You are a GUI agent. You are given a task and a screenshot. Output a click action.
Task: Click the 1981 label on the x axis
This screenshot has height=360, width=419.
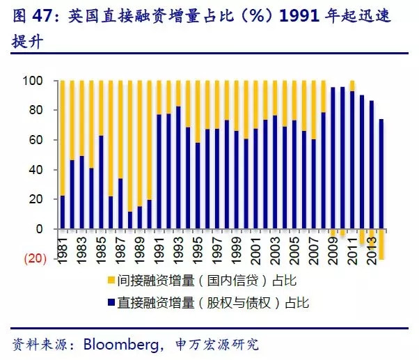coord(63,249)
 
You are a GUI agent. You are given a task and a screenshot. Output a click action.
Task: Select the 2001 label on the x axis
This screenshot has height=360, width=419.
coord(256,249)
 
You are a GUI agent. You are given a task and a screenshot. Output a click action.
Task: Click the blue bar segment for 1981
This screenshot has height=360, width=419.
coord(63,212)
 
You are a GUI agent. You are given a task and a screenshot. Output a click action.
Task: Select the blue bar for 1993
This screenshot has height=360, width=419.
coord(179,168)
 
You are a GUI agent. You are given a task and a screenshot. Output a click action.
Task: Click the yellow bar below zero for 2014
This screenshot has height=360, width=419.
coord(381,244)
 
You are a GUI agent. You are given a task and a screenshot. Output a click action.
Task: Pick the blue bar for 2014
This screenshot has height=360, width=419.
coord(381,174)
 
